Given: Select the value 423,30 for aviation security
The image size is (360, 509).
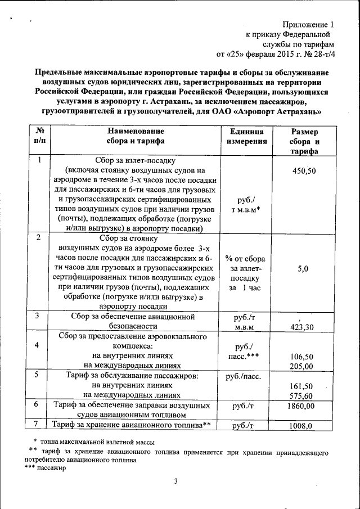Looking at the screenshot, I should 301,327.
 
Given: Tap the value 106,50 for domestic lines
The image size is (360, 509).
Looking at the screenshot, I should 301,357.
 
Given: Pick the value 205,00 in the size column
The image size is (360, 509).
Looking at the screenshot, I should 301,366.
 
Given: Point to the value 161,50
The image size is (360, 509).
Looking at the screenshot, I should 301,387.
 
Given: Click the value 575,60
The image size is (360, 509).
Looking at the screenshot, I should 301,397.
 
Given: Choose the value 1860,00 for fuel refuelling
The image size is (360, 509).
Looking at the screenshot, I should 300,406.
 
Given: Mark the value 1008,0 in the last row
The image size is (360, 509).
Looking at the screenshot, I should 300,426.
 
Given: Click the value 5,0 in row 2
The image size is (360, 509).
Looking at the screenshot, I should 303,269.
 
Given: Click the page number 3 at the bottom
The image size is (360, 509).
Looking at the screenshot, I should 175,481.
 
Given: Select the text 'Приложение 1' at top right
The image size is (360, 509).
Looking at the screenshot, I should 308,25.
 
